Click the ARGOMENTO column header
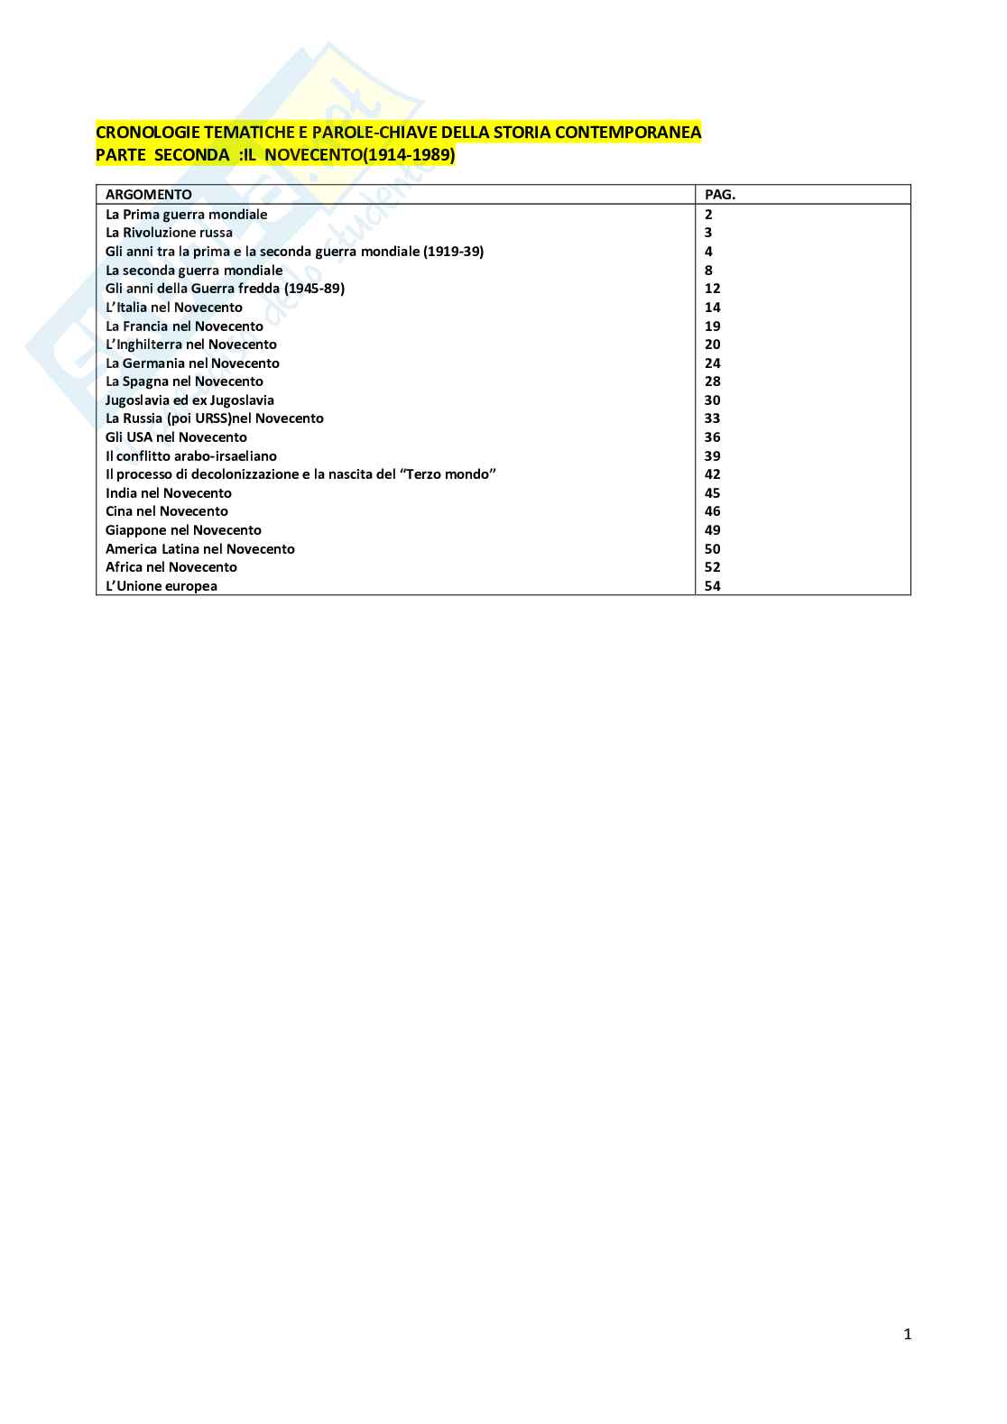(149, 194)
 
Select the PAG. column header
(720, 194)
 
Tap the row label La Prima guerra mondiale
(186, 215)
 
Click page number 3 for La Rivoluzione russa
(708, 233)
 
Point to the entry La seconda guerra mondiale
(194, 271)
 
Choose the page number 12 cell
(713, 289)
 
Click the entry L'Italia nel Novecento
(174, 308)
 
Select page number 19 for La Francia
(713, 326)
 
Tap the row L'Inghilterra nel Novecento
(191, 345)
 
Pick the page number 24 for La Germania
(713, 363)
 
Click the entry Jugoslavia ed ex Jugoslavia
(189, 400)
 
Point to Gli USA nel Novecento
(176, 437)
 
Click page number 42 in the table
(713, 474)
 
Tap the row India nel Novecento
(169, 493)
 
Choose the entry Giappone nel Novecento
(183, 530)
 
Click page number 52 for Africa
(713, 567)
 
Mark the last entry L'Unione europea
(162, 586)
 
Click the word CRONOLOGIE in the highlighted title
(141, 133)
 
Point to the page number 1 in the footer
(908, 1335)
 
